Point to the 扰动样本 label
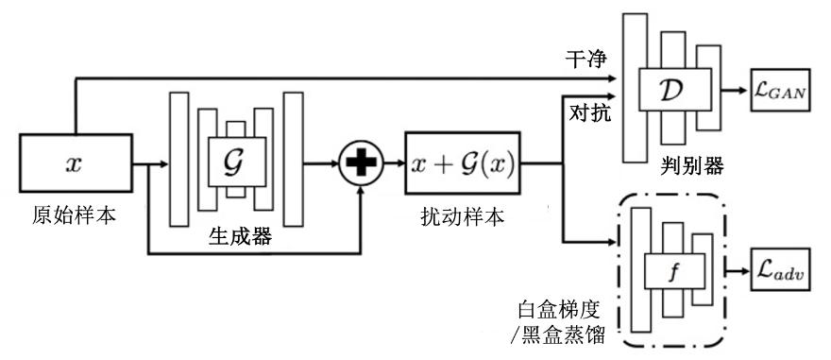(x=462, y=216)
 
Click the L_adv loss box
(x=779, y=273)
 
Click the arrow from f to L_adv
(x=733, y=273)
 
